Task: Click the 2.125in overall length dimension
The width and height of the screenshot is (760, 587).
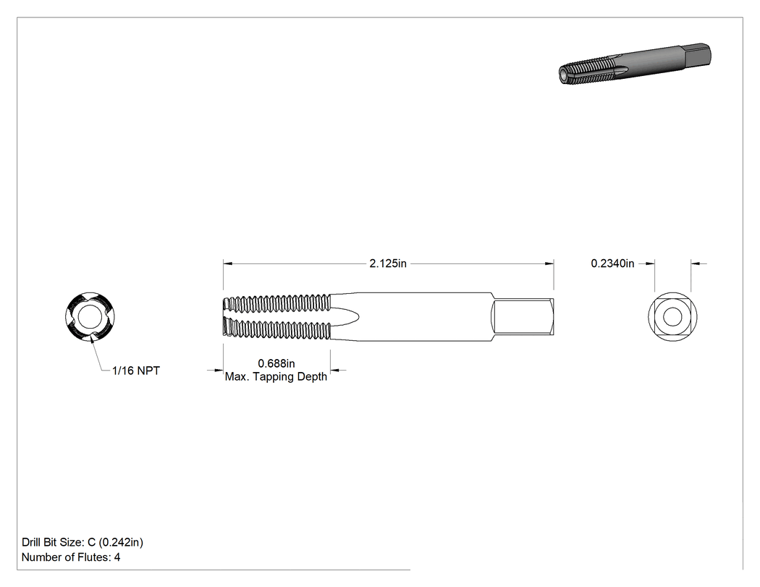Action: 388,263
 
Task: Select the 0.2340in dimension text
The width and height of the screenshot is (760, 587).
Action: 612,263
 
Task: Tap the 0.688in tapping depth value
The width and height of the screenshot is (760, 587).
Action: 276,363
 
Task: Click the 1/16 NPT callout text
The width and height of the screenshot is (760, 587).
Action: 136,371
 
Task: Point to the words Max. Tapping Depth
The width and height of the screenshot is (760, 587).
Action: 276,376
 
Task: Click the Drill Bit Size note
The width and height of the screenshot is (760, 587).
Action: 83,542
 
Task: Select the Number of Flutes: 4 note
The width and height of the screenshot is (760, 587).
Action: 71,557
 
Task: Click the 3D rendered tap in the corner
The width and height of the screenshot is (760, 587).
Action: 635,64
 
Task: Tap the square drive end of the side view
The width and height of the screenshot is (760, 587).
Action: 523,316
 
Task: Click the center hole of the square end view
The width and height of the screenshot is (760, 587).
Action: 672,317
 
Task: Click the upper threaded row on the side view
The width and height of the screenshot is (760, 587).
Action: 276,303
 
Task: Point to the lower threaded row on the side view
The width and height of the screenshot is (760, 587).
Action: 276,329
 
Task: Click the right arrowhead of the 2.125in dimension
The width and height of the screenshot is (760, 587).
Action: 549,263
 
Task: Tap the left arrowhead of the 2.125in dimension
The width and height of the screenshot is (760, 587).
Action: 228,263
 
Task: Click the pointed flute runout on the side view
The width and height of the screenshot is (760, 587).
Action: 345,316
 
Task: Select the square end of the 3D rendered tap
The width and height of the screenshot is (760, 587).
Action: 698,54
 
